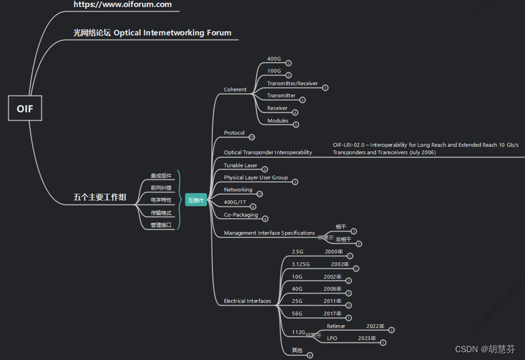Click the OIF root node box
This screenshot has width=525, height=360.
tap(25, 108)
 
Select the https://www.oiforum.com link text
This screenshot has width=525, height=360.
tap(123, 5)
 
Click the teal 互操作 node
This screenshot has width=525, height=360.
tap(196, 200)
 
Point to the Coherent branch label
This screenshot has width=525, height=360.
tap(235, 90)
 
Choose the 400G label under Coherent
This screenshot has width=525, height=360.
tap(274, 59)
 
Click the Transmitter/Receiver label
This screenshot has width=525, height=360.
tap(292, 84)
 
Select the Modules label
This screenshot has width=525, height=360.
tap(278, 121)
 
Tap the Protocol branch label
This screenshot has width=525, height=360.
tap(234, 133)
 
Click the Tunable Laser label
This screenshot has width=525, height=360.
tap(241, 165)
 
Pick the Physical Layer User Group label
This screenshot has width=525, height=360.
tap(256, 178)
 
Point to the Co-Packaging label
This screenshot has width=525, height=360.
tap(241, 215)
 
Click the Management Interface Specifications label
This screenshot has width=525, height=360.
tap(269, 233)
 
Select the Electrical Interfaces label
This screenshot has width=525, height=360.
tap(247, 301)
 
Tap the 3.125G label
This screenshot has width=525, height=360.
tap(301, 264)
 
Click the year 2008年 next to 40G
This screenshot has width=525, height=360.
tap(333, 289)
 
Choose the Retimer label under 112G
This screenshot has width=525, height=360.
tap(336, 326)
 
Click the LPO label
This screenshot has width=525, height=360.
tap(332, 338)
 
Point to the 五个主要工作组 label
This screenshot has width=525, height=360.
tap(100, 197)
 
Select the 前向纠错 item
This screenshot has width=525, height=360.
tap(161, 188)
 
